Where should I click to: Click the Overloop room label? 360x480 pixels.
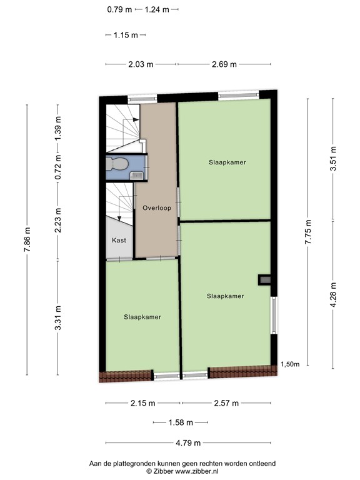(156, 208)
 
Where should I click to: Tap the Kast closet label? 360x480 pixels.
(119, 240)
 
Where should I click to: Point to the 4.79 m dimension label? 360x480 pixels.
(188, 443)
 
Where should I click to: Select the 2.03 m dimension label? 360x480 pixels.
(141, 64)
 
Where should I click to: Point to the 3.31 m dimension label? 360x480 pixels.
(58, 319)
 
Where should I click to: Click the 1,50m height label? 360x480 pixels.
(290, 364)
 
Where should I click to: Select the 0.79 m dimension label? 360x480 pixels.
(119, 9)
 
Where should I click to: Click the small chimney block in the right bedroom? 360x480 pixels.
(265, 279)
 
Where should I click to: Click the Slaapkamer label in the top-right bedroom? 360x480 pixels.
(227, 162)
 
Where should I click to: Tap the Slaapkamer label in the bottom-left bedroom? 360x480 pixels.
(142, 317)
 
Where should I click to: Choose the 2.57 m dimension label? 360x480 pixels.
(226, 403)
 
